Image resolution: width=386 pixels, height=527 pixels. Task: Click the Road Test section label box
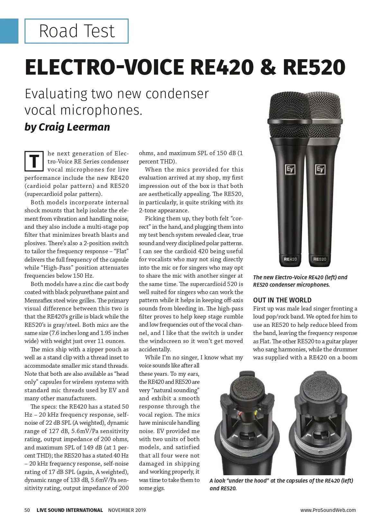pos(77,31)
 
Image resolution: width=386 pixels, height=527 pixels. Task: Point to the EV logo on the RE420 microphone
pos(290,169)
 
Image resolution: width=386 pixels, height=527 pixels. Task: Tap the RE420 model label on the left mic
pos(290,259)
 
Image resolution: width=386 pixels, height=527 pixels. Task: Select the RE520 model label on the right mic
pos(320,259)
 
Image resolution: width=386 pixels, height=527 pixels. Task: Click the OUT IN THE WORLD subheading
pos(282,300)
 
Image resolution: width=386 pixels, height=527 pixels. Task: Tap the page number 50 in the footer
pos(27,510)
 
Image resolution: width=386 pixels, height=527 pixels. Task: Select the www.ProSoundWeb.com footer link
pos(328,510)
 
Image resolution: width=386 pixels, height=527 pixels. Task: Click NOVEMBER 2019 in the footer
pos(127,510)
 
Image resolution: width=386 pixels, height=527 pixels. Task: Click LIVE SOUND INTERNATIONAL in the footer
pos(70,510)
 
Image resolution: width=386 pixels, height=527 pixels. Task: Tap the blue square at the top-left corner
pos(9,31)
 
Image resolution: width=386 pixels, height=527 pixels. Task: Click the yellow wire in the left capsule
pos(256,413)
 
